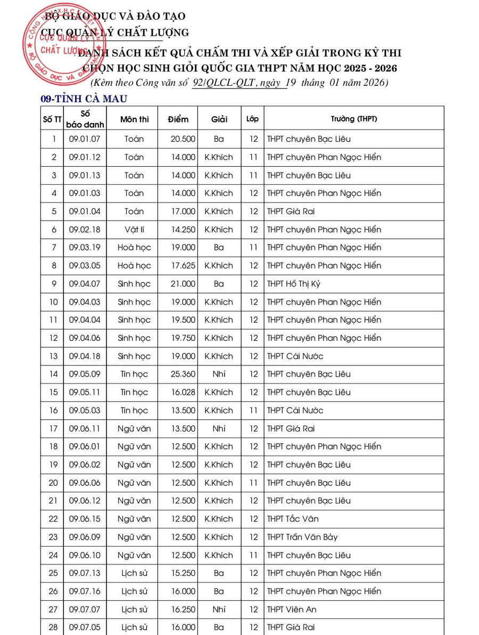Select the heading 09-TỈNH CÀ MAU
coord(84,99)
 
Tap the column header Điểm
coord(178,119)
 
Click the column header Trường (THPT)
coord(353,119)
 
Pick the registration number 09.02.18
coord(85,230)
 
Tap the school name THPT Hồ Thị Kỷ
coord(294,284)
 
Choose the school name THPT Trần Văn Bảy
coord(302,537)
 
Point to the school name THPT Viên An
coord(292,609)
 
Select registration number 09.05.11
coord(85,392)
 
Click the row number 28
coord(53,628)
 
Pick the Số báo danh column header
coord(85,119)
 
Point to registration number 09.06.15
coord(85,519)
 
